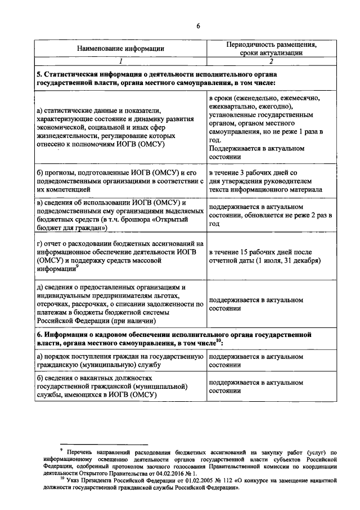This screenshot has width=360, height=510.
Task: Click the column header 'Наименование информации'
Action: pyautogui.click(x=120, y=48)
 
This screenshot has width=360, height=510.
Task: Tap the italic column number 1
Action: pyautogui.click(x=120, y=61)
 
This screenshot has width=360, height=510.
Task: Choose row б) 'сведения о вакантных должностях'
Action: pyautogui.click(x=115, y=386)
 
